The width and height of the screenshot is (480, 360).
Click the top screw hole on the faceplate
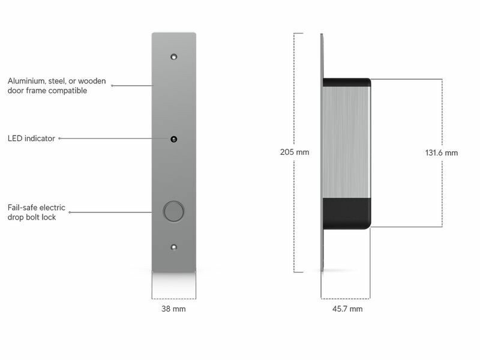pos(173,56)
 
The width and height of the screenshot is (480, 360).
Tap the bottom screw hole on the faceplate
pos(173,247)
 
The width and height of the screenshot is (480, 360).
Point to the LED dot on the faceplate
pos(173,139)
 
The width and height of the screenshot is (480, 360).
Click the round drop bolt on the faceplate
pos(173,211)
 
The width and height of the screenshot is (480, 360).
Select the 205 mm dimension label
pos(295,152)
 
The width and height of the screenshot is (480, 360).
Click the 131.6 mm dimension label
pos(442,153)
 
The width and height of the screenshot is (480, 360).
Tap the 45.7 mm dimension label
pos(347,309)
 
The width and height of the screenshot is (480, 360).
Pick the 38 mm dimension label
pos(173,309)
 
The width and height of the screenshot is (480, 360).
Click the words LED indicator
pos(31,139)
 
